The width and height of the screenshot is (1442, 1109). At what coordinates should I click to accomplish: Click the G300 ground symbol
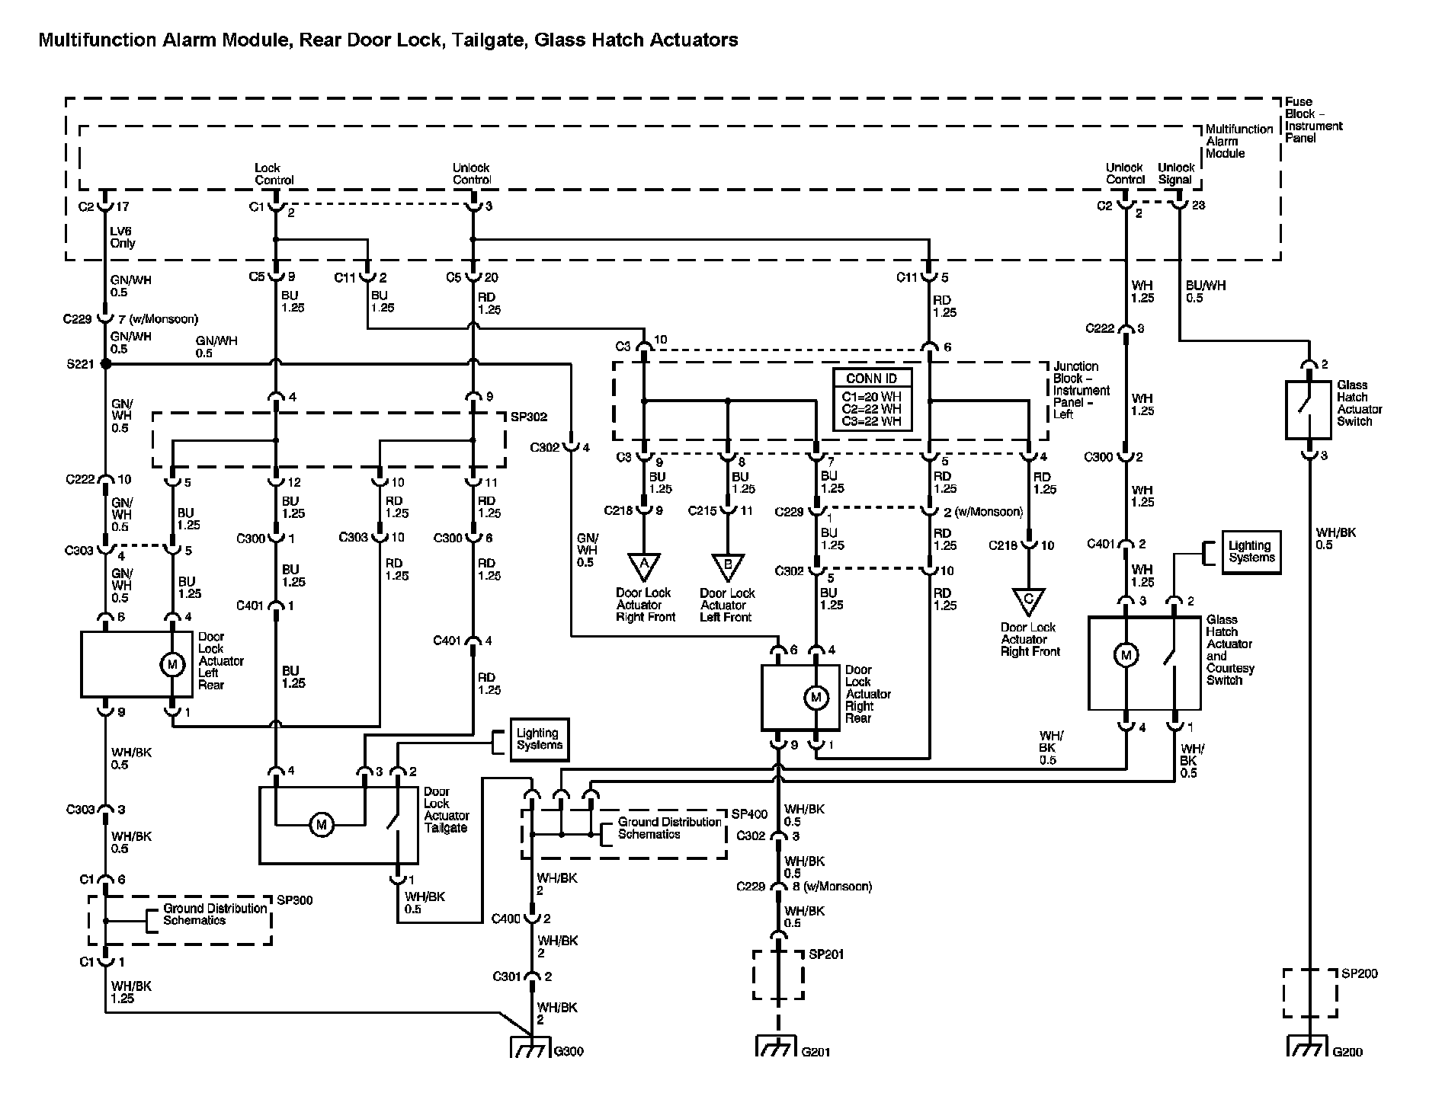(x=530, y=1047)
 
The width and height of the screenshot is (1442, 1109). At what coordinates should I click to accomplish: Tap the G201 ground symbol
(x=777, y=1047)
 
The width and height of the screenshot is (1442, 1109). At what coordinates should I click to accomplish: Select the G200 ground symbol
(x=1308, y=1047)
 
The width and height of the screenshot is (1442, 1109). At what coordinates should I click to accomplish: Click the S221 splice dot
(x=106, y=365)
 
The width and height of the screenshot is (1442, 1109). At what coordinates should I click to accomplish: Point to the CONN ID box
(x=871, y=400)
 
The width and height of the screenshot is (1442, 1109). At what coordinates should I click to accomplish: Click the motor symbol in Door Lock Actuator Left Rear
(x=172, y=665)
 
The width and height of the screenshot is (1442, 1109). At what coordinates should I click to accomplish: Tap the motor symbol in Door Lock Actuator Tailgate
(x=322, y=824)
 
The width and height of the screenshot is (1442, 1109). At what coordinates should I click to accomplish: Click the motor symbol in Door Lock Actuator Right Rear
(x=816, y=698)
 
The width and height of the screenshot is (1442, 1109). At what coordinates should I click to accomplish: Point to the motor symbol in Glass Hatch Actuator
(x=1126, y=655)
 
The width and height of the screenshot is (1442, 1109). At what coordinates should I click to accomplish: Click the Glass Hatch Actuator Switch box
(x=1309, y=410)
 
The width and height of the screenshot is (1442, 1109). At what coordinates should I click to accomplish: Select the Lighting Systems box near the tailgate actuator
(x=539, y=740)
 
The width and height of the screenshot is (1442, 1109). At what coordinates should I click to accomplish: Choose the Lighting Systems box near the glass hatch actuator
(x=1251, y=552)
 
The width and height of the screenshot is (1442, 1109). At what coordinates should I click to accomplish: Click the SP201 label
(x=826, y=955)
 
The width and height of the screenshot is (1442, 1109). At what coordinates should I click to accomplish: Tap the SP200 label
(x=1360, y=974)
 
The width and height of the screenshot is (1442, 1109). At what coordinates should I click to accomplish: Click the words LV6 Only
(x=123, y=238)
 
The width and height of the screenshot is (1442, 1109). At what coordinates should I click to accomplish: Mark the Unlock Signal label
(x=1176, y=174)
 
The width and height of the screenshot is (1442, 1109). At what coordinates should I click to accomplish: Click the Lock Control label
(x=274, y=174)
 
